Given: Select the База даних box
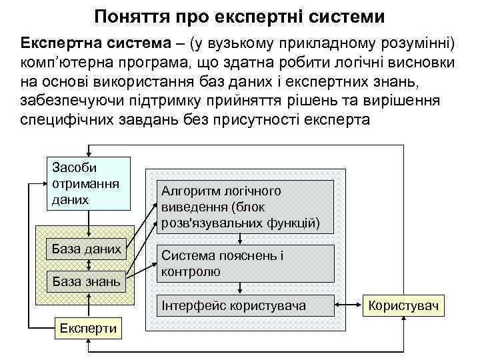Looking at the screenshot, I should (87, 249).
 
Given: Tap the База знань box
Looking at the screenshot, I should (87, 281).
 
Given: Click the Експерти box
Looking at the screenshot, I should (87, 327).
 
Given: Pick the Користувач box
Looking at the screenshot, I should (404, 305).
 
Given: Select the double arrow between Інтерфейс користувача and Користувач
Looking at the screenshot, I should (348, 305).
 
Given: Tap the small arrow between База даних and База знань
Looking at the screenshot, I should (87, 265).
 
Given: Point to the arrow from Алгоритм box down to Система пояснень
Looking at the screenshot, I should (241, 239).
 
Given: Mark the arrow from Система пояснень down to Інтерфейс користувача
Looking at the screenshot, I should (241, 288).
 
